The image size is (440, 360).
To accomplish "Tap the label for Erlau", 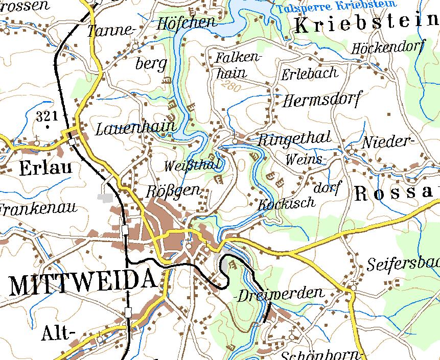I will pyautogui.click(x=45, y=168).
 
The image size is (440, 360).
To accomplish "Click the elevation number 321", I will pyautogui.click(x=47, y=116).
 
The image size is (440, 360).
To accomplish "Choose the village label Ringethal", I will pyautogui.click(x=295, y=138).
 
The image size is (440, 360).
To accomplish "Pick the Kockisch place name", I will pyautogui.click(x=286, y=203).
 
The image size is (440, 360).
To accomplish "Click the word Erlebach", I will pyautogui.click(x=310, y=73).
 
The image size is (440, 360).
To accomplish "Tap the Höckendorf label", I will pyautogui.click(x=388, y=47).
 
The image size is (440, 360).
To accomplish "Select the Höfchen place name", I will pyautogui.click(x=186, y=22).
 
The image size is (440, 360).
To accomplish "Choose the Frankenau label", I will pyautogui.click(x=38, y=208).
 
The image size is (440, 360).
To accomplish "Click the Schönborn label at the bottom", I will pyautogui.click(x=322, y=355).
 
